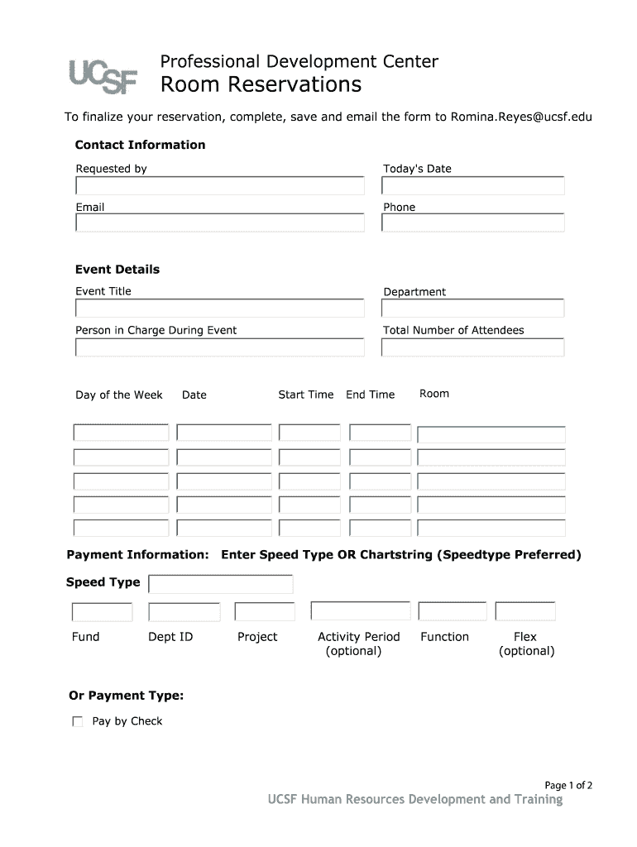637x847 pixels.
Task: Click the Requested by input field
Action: (x=219, y=185)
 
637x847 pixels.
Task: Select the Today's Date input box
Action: (x=472, y=185)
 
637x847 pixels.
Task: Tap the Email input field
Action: (x=219, y=223)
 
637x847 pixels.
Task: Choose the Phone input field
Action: (x=472, y=223)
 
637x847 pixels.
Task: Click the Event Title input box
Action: (x=219, y=309)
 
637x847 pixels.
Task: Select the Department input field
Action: (x=472, y=309)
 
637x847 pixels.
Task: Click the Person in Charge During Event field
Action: (x=219, y=347)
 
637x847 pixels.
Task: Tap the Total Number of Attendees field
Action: (x=472, y=347)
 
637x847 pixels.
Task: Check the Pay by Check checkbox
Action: (x=78, y=721)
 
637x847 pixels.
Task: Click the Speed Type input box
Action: (x=220, y=585)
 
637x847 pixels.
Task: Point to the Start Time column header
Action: (x=305, y=395)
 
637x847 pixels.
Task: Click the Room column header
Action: (x=433, y=394)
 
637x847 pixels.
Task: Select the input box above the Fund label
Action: (x=102, y=612)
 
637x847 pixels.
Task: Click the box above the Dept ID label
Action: (x=184, y=612)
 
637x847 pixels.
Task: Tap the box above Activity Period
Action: (x=360, y=610)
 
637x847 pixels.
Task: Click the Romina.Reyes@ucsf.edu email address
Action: (x=521, y=117)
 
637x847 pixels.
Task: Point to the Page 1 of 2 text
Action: (x=568, y=785)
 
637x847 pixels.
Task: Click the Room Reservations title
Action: (x=261, y=84)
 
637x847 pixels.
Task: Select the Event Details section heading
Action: (x=117, y=270)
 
